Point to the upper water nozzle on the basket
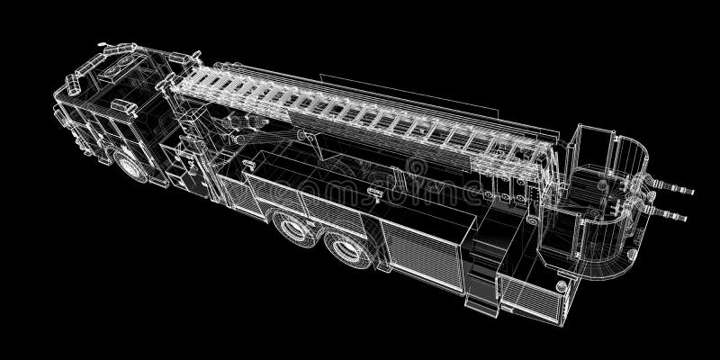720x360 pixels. coord(679,188)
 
